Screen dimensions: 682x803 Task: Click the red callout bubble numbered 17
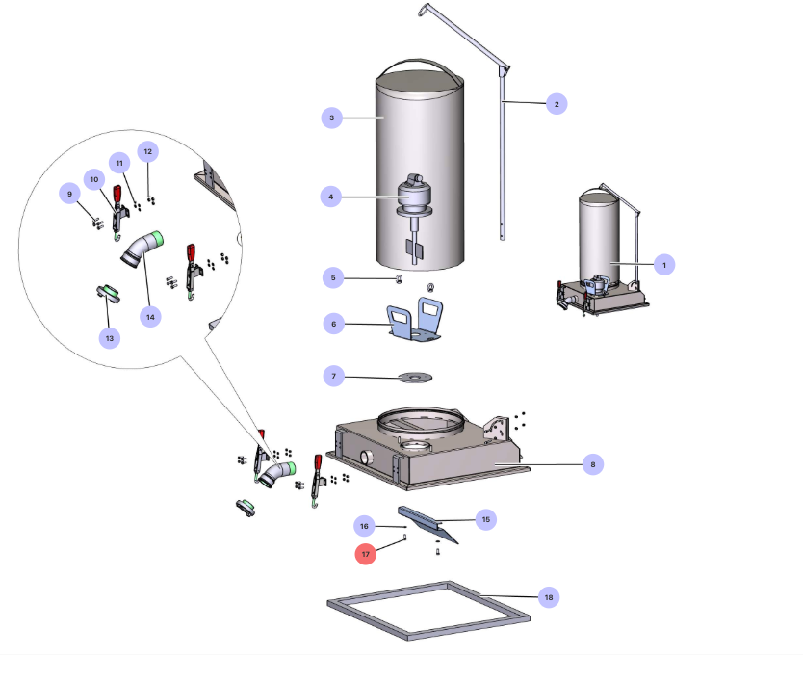point(366,554)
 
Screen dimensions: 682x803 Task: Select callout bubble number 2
point(555,103)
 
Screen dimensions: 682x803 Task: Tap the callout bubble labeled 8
point(592,464)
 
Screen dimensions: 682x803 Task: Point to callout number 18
point(548,598)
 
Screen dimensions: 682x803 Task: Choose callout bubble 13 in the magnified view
point(109,337)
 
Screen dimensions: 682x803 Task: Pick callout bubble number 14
point(149,315)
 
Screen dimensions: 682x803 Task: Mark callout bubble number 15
point(485,519)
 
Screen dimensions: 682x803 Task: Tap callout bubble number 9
point(69,194)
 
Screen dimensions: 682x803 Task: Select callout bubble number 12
point(147,151)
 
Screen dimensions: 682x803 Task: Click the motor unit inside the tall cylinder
point(415,197)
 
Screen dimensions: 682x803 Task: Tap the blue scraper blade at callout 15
point(427,524)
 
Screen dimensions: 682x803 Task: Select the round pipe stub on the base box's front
point(367,456)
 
